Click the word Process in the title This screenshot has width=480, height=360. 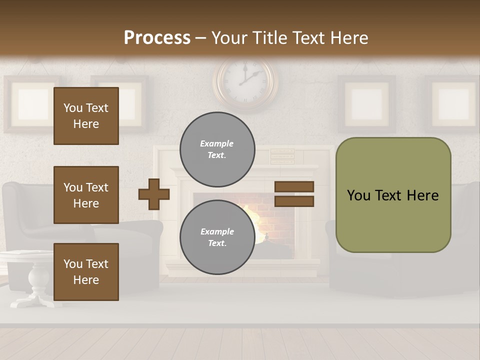click(157, 38)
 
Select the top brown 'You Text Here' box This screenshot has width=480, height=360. click(86, 116)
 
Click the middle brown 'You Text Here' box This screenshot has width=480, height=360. click(86, 195)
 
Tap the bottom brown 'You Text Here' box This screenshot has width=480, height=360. click(86, 271)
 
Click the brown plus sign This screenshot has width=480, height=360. click(154, 194)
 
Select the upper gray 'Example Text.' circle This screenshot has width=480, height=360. click(217, 149)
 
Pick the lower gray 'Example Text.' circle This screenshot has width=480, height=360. click(217, 237)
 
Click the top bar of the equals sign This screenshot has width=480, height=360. click(294, 186)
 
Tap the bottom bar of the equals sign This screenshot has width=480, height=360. click(294, 201)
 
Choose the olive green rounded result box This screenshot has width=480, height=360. click(393, 195)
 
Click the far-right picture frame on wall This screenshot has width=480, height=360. click(452, 103)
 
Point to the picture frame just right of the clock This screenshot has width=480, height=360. click(366, 103)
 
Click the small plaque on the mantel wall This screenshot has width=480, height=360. click(282, 155)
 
